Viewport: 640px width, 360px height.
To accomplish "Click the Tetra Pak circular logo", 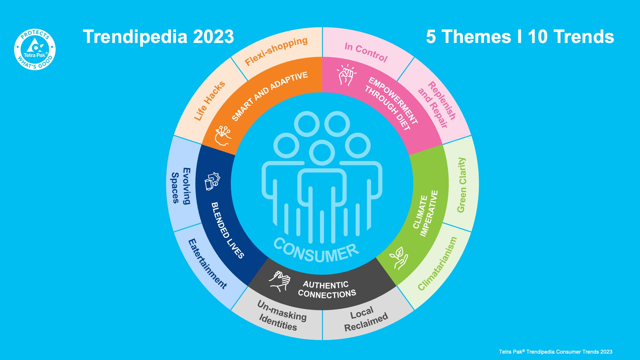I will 35,49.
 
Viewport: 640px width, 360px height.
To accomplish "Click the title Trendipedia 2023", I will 158,37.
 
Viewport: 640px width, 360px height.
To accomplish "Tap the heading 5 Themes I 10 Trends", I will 520,37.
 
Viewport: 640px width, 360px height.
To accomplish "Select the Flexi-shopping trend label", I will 276,51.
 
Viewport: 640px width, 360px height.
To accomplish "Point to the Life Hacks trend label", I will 209,101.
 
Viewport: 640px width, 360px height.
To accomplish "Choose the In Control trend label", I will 366,52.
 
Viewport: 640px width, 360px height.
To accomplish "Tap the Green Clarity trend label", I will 462,185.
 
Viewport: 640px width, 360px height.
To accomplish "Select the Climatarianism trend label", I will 437,263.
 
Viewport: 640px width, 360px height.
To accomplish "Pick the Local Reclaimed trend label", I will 365,319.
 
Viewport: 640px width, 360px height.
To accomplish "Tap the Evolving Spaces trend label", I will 181,186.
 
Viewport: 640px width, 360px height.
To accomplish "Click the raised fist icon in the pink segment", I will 346,75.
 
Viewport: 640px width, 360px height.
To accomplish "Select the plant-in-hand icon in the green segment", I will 399,258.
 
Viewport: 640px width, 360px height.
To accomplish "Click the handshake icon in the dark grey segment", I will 279,281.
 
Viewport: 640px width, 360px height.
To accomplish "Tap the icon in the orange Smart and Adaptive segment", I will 223,135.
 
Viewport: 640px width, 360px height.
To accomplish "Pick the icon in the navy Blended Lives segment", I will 212,182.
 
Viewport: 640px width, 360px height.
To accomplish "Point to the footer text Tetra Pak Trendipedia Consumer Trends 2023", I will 555,352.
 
